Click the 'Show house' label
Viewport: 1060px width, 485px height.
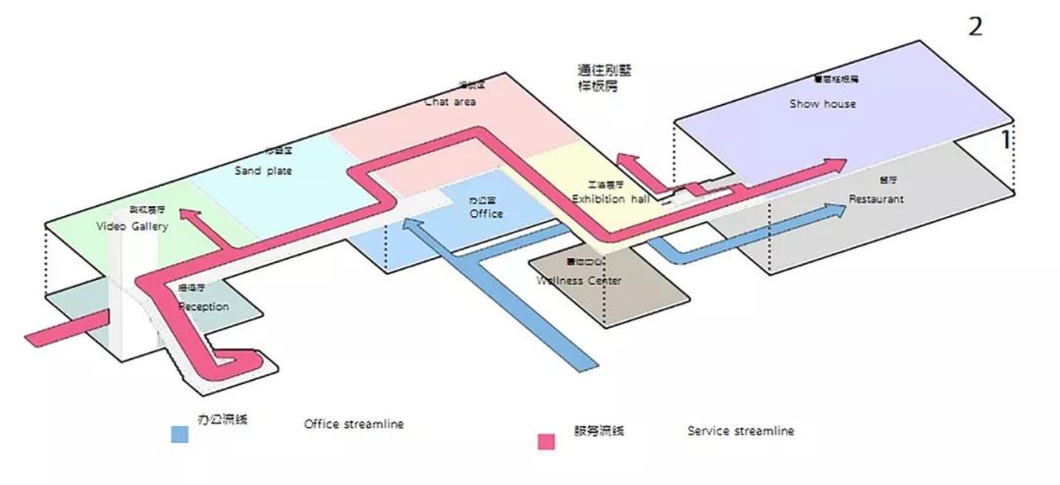(x=822, y=104)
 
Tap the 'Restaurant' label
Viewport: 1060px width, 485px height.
(x=877, y=199)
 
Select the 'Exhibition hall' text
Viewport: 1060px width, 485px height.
(x=610, y=199)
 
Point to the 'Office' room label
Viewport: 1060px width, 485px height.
(x=486, y=213)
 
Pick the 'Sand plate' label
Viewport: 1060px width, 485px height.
(x=263, y=171)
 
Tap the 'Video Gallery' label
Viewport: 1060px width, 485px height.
(x=132, y=227)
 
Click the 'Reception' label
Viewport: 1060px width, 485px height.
(x=203, y=307)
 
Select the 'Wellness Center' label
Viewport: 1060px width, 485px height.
(x=579, y=281)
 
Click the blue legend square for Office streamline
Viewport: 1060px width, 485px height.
(x=179, y=433)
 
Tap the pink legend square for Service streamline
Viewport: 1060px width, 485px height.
(x=547, y=441)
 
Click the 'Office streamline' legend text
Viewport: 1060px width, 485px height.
(x=353, y=424)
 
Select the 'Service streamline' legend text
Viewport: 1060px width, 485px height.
(x=740, y=431)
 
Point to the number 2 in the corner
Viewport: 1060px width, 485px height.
(x=975, y=27)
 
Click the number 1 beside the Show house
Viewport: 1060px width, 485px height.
(x=1004, y=140)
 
